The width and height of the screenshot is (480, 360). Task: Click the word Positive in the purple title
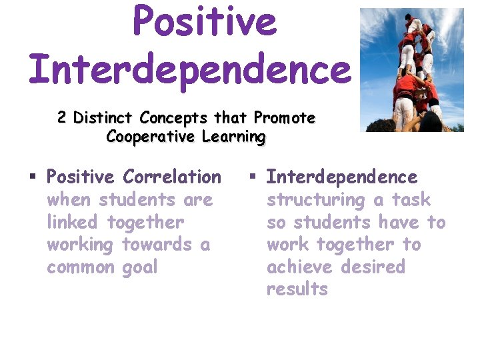tap(204, 21)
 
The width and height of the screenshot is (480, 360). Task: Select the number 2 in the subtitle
tap(61, 118)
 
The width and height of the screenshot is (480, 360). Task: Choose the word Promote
tap(284, 118)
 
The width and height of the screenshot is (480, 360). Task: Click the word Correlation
tap(171, 177)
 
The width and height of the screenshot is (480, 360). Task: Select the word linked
tap(74, 222)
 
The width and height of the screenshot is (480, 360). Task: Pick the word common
tap(81, 267)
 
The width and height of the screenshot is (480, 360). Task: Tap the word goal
tap(139, 267)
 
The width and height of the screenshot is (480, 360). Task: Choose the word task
tap(411, 200)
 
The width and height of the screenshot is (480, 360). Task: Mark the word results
tap(297, 289)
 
